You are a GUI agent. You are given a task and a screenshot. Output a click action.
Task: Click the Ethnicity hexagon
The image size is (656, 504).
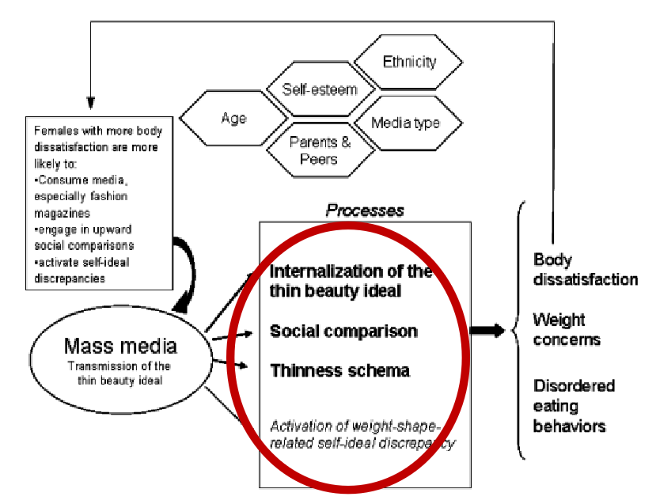click(408, 61)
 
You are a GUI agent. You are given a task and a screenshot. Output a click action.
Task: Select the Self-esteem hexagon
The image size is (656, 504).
click(320, 89)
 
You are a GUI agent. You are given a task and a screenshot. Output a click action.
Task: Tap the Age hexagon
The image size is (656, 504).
click(233, 119)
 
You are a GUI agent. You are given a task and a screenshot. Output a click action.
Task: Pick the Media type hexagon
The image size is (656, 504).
click(406, 123)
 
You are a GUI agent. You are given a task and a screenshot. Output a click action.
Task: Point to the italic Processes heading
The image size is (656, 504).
click(366, 210)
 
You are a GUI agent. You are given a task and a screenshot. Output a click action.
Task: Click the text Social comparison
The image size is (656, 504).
click(343, 331)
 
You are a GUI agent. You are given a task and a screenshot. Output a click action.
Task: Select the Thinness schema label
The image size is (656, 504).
click(340, 369)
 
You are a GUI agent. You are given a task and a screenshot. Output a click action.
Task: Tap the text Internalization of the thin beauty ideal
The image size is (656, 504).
click(351, 281)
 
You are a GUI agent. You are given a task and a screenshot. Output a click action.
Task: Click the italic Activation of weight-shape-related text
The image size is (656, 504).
click(362, 435)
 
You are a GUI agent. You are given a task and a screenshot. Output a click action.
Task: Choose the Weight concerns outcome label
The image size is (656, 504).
click(566, 330)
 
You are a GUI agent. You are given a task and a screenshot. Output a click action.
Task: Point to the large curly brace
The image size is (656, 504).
click(522, 331)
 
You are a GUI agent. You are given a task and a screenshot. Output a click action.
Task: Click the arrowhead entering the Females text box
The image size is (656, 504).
click(90, 103)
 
